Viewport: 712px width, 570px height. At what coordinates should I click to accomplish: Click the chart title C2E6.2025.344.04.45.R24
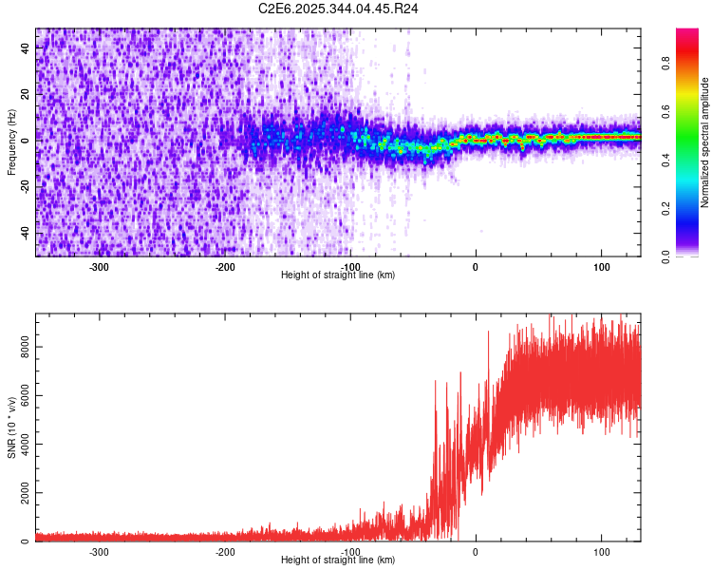click(x=339, y=9)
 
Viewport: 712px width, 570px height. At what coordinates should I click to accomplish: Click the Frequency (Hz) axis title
click(x=11, y=142)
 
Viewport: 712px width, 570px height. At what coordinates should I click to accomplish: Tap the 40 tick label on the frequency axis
click(x=26, y=48)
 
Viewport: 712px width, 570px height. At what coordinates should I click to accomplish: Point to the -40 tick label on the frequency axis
click(x=26, y=233)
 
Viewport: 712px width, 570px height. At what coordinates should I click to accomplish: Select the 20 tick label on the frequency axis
click(x=26, y=94)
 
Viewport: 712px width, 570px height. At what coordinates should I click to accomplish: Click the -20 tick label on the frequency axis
click(x=26, y=186)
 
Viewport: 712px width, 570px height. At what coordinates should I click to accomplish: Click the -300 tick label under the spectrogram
click(x=100, y=267)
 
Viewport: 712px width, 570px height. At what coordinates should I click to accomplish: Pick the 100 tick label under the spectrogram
click(x=601, y=267)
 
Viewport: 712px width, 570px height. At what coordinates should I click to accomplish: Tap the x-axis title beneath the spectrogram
click(x=338, y=275)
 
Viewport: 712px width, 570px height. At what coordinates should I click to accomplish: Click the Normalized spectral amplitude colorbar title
click(x=705, y=142)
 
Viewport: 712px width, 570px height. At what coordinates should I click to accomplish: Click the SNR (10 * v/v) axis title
click(x=11, y=428)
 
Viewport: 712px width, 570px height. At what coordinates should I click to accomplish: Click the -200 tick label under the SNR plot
click(x=225, y=552)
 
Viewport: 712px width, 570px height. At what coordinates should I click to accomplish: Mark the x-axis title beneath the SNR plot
click(x=338, y=560)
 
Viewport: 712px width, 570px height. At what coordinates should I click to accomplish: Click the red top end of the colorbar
click(x=687, y=33)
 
